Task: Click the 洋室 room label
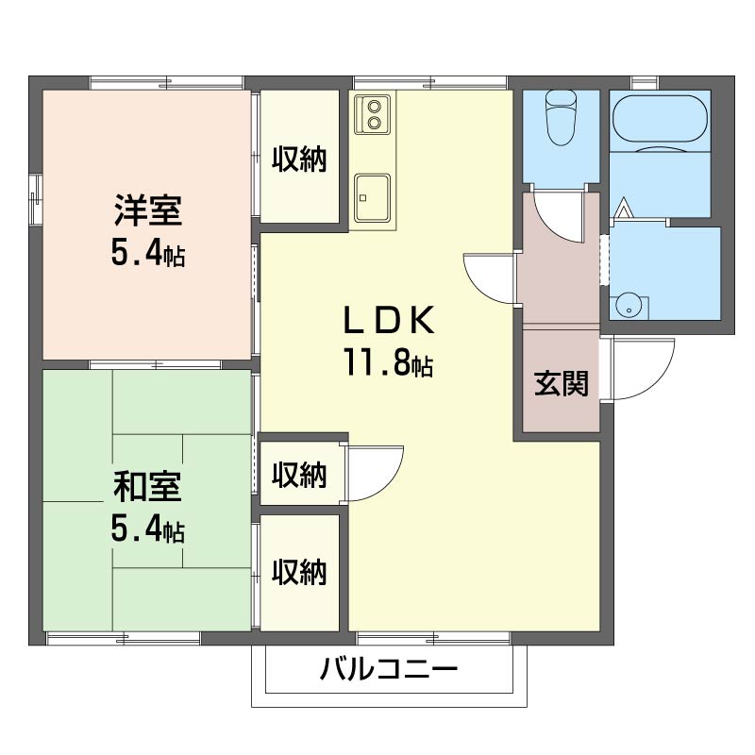pyautogui.click(x=148, y=210)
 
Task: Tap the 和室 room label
pyautogui.click(x=147, y=486)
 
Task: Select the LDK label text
pyautogui.click(x=388, y=320)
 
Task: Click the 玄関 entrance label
pyautogui.click(x=562, y=384)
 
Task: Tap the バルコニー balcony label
pyautogui.click(x=389, y=669)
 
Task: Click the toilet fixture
pyautogui.click(x=561, y=117)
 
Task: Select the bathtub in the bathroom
pyautogui.click(x=660, y=119)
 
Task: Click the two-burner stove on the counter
pyautogui.click(x=373, y=114)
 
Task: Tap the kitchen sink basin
pyautogui.click(x=372, y=197)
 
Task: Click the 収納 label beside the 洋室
pyautogui.click(x=299, y=159)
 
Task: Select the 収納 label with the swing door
pyautogui.click(x=299, y=475)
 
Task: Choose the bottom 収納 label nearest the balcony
pyautogui.click(x=299, y=572)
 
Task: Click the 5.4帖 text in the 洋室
pyautogui.click(x=148, y=253)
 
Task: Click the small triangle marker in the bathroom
pyautogui.click(x=624, y=208)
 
